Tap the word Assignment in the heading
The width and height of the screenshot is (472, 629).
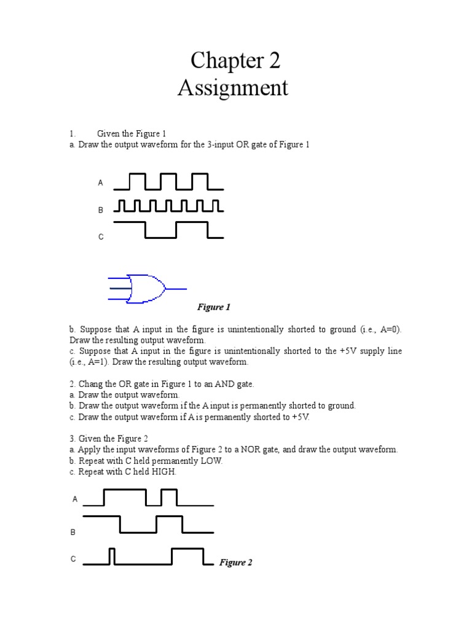pyautogui.click(x=233, y=88)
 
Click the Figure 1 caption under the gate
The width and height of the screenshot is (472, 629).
pyautogui.click(x=213, y=307)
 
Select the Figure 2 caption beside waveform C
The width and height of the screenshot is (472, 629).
pyautogui.click(x=236, y=562)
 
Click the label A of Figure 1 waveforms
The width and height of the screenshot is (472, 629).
pyautogui.click(x=101, y=183)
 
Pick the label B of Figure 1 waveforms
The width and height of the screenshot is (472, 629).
pyautogui.click(x=101, y=210)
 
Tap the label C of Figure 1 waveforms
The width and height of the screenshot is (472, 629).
pyautogui.click(x=101, y=236)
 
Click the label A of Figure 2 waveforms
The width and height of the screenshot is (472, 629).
pyautogui.click(x=75, y=499)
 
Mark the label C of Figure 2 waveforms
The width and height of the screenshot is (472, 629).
pyautogui.click(x=73, y=559)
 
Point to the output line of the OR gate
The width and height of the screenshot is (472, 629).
pyautogui.click(x=176, y=288)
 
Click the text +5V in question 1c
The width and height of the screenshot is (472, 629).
pyautogui.click(x=345, y=351)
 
